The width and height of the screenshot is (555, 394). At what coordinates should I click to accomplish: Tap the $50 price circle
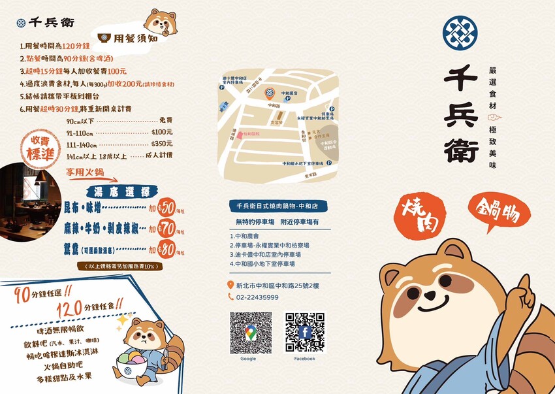coord(166,208)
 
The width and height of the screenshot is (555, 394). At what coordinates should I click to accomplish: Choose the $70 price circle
coord(166,229)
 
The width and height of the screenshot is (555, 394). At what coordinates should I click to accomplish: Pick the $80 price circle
coord(166,248)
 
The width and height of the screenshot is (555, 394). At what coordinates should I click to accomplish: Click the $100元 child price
coord(161,132)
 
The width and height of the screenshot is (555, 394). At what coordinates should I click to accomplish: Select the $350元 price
coord(161,144)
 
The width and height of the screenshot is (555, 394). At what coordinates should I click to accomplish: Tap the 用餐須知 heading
coord(135,38)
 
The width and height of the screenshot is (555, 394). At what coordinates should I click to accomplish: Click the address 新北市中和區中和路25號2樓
coord(277,286)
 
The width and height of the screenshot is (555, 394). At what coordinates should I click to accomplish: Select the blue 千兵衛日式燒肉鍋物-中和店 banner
coord(277,206)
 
